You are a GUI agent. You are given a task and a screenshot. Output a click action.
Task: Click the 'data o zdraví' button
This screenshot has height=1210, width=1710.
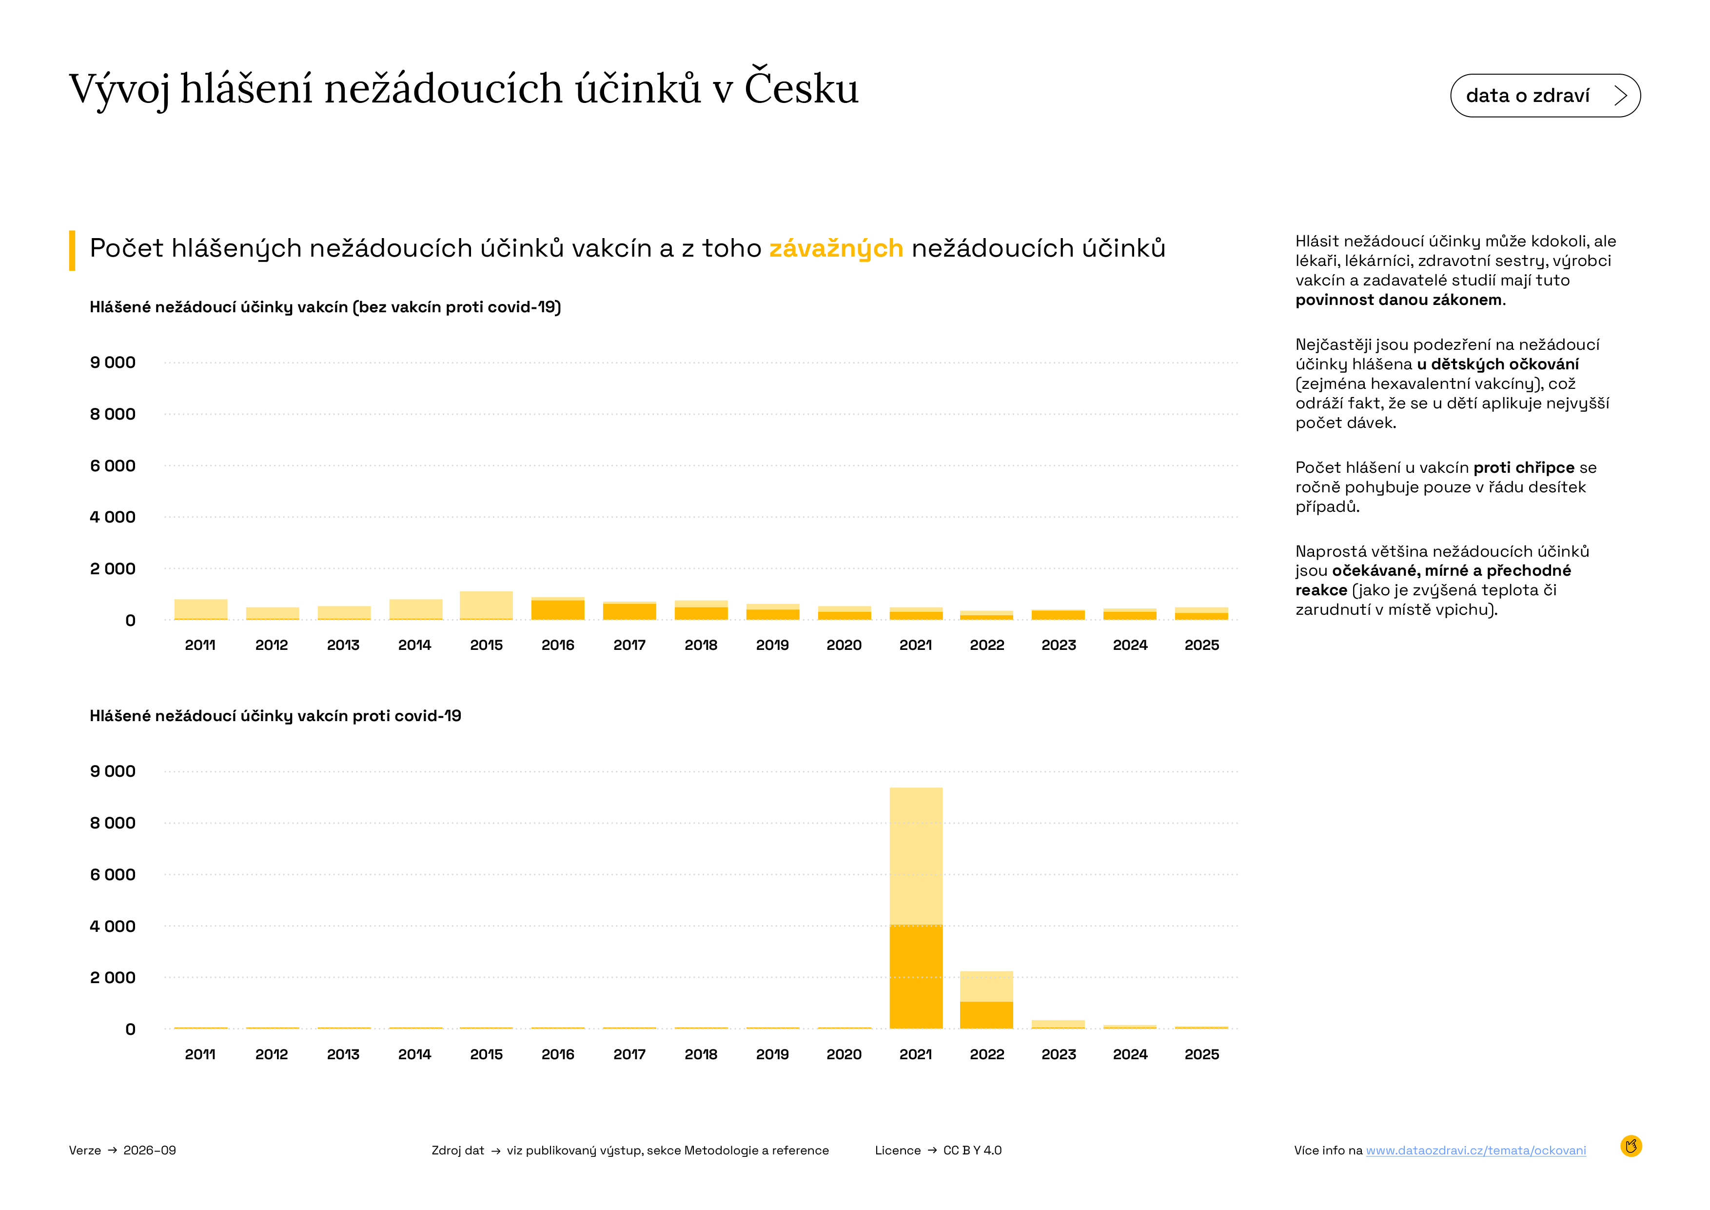tap(1545, 95)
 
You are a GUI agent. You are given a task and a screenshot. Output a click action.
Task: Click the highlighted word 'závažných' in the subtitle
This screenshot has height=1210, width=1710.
tap(836, 248)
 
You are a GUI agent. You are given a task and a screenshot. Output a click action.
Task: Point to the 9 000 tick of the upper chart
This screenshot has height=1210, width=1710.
tap(113, 363)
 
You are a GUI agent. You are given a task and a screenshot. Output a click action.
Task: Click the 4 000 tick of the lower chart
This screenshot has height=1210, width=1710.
tap(113, 926)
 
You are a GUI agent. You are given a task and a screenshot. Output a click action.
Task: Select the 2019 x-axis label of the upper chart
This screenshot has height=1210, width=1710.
tap(772, 645)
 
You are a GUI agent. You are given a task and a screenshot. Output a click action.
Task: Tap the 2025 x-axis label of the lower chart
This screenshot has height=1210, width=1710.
tap(1201, 1054)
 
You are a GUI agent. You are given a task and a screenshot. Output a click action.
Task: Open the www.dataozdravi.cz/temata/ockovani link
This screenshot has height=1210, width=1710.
tap(1475, 1150)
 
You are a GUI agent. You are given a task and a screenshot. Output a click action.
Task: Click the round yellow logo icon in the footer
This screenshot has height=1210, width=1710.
tap(1631, 1146)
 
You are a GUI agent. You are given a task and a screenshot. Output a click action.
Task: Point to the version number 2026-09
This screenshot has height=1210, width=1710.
tap(150, 1150)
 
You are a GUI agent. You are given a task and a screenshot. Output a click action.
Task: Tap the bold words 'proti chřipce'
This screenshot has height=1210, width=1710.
tap(1524, 468)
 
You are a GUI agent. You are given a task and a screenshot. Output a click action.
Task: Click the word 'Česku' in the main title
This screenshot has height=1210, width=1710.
tap(802, 88)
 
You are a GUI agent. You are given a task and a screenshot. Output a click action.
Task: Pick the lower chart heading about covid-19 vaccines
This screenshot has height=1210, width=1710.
tap(275, 716)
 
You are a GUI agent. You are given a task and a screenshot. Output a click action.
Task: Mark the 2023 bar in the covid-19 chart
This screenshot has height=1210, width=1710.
tap(1058, 1025)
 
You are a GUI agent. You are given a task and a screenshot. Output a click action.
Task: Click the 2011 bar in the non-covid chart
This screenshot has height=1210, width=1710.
tap(200, 609)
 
